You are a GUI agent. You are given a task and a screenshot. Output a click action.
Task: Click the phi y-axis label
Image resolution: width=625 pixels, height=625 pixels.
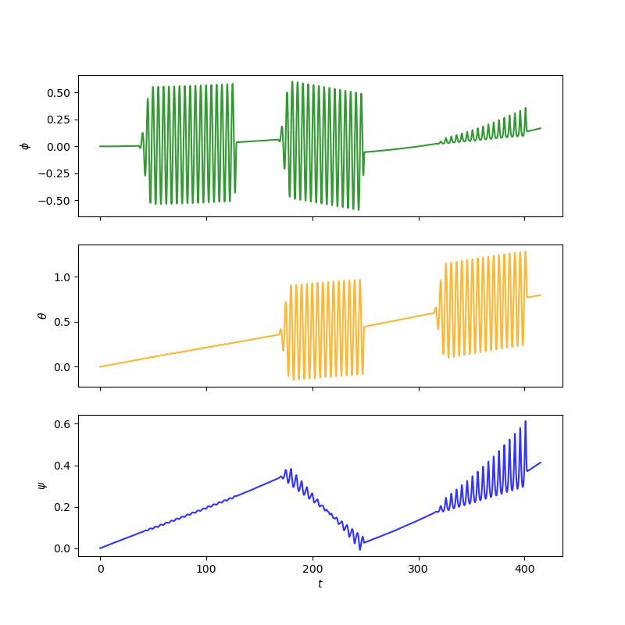tap(26, 146)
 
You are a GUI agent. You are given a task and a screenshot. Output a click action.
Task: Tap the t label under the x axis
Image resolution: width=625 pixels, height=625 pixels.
tap(320, 584)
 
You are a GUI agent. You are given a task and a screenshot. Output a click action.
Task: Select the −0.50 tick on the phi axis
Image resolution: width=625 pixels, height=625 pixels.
tap(55, 201)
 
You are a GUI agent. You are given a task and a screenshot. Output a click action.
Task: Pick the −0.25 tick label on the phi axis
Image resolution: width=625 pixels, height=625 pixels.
tap(55, 173)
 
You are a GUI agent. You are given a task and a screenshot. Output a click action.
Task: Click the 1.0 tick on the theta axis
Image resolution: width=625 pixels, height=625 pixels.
tap(62, 277)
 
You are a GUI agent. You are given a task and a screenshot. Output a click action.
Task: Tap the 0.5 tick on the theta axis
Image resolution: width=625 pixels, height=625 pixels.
tap(62, 322)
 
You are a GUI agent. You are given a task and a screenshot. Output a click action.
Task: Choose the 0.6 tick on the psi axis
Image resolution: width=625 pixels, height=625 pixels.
tap(62, 424)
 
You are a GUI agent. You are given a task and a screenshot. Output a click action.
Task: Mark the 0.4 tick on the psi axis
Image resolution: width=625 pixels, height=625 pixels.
tap(62, 466)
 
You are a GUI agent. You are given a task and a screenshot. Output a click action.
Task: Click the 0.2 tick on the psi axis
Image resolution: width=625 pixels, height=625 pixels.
tap(62, 507)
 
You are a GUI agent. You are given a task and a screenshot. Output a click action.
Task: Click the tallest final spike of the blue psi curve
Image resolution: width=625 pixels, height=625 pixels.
tap(525, 421)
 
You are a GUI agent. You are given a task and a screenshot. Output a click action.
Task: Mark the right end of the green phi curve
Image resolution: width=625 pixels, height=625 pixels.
tap(541, 128)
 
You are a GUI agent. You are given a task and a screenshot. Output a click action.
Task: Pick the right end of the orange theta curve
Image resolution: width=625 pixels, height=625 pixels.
tap(541, 295)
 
